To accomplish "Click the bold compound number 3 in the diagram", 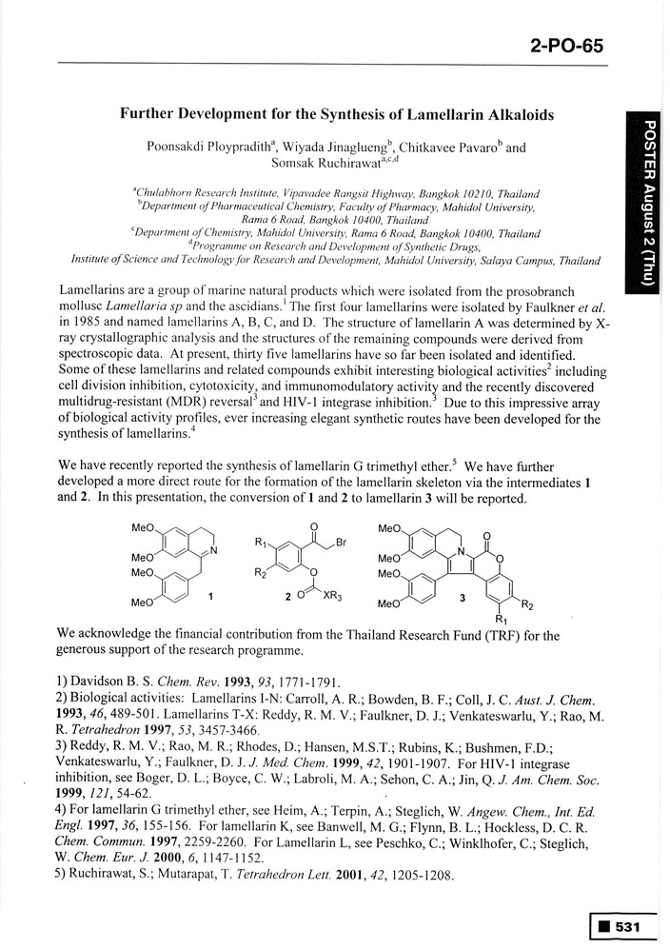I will pos(461,598).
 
